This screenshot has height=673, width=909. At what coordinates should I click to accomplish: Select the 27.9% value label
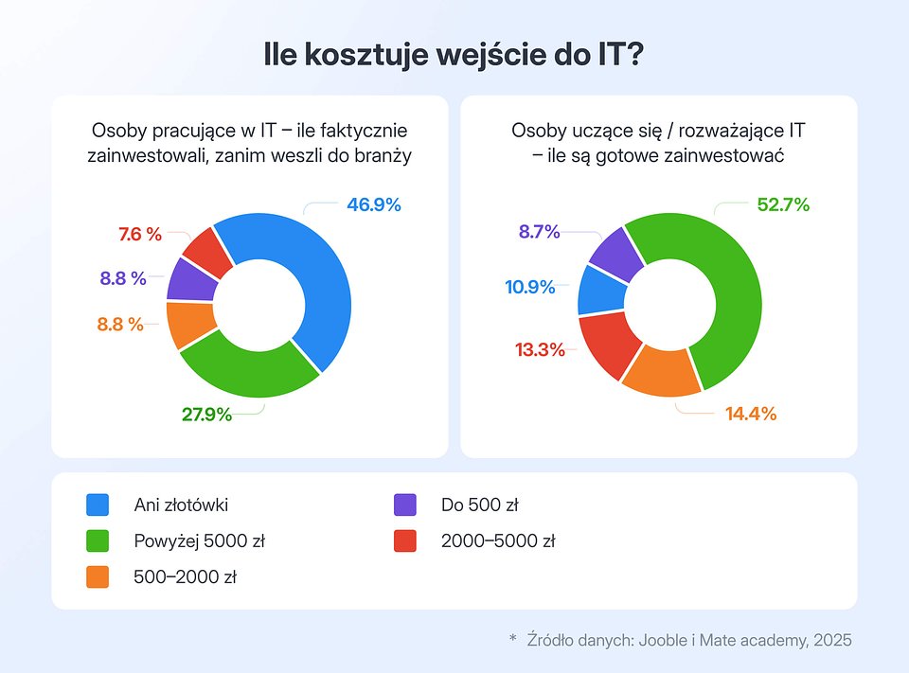pos(206,414)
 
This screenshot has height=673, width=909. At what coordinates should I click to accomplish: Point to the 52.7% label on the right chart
pos(783,204)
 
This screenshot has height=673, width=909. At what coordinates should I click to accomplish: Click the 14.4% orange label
pos(750,414)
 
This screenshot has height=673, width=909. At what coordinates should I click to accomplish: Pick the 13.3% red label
pos(539,350)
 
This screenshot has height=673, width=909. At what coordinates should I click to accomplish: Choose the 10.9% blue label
pos(529,287)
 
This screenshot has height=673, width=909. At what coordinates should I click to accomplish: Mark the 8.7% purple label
pos(539,231)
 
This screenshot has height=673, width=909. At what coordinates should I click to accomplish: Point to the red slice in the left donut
pos(205,251)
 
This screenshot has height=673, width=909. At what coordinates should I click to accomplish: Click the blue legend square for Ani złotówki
pos(98,505)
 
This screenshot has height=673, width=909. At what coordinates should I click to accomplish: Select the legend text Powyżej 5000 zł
pos(199,542)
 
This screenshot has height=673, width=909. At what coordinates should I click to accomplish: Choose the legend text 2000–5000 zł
pos(498,542)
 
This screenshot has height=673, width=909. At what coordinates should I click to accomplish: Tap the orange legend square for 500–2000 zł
pos(98,576)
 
